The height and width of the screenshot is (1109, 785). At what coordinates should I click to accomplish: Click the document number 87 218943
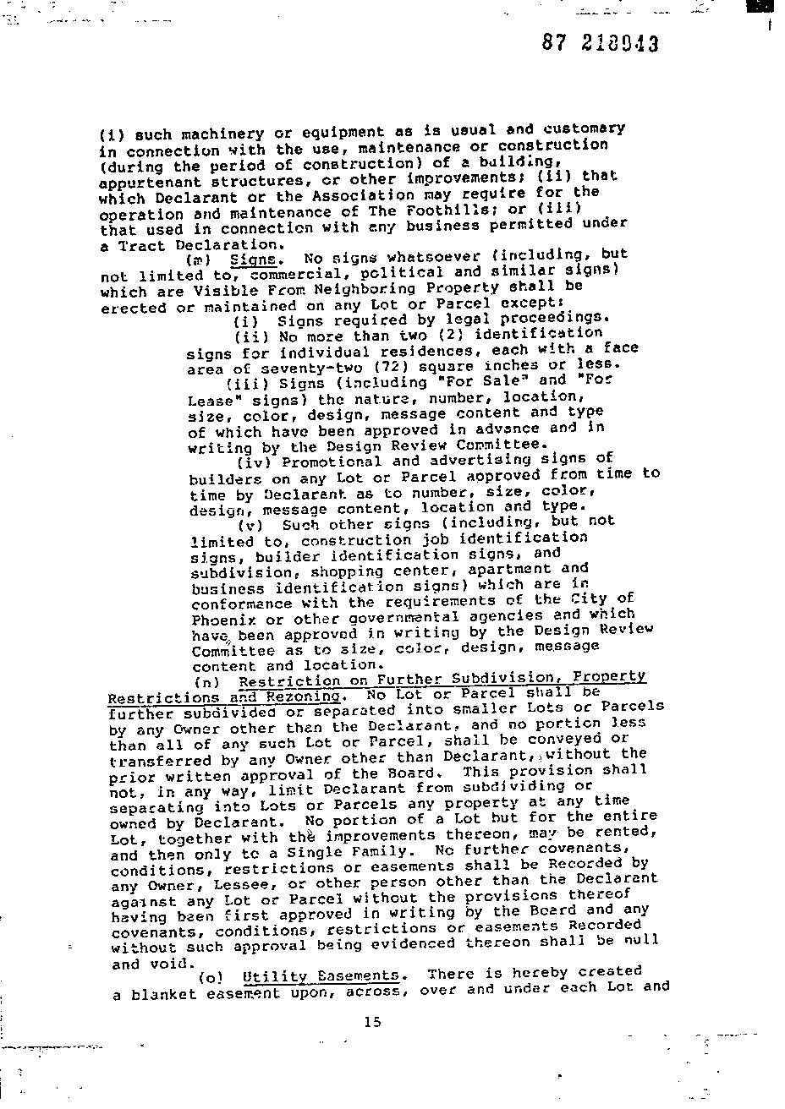coord(600,44)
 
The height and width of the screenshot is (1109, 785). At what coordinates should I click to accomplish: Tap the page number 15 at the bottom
coord(372,1022)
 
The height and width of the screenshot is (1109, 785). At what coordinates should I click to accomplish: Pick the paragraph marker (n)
coord(206,682)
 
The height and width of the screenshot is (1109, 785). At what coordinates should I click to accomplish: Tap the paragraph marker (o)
coord(210,979)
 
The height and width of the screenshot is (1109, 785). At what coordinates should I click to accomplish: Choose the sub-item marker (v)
coord(253,525)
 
